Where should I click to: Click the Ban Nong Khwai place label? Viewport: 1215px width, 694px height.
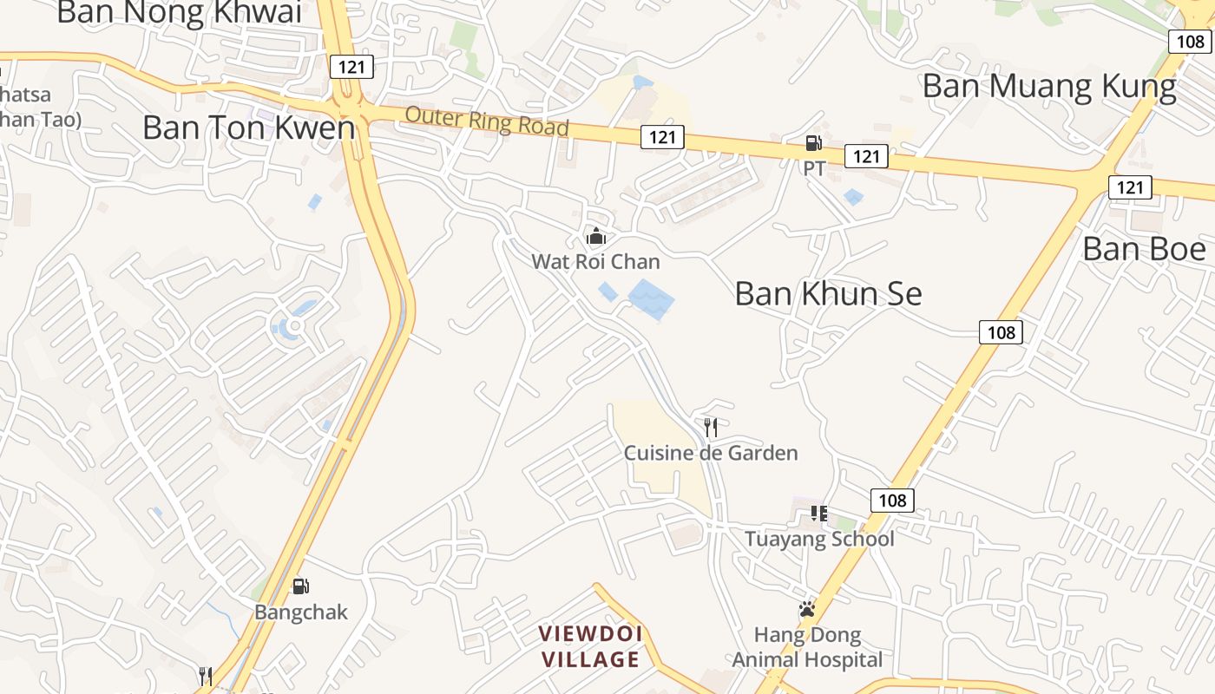coord(179,12)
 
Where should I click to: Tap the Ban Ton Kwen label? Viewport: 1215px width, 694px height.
coord(249,128)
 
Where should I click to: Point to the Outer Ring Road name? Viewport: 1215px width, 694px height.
coord(487,121)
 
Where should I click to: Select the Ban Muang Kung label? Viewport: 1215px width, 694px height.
coord(1049,87)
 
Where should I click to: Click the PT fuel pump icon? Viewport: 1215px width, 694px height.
coord(813,143)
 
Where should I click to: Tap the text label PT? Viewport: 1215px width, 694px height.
coord(814,168)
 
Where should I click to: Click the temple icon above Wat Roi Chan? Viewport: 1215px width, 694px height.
coord(596,236)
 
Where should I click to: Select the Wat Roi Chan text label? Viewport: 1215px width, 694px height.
coord(595,261)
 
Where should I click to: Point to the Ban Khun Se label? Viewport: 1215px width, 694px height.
coord(828,294)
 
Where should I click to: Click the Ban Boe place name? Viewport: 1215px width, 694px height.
coord(1144,250)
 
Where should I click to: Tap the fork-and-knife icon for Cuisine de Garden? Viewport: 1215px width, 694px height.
coord(711,427)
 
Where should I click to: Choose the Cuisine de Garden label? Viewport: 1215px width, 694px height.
coord(711,453)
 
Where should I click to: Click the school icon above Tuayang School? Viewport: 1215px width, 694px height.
coord(818,514)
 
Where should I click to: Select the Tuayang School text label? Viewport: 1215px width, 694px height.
coord(819,539)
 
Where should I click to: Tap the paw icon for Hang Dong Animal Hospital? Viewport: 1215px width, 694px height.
coord(807,609)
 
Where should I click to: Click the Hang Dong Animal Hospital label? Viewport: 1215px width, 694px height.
coord(807,647)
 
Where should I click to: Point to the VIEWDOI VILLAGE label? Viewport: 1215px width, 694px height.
coord(590,646)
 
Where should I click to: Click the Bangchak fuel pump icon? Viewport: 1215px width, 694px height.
coord(300,586)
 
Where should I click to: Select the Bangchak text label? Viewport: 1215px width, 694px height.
coord(300,612)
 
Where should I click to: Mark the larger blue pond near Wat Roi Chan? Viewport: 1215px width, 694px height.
coord(651,299)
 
